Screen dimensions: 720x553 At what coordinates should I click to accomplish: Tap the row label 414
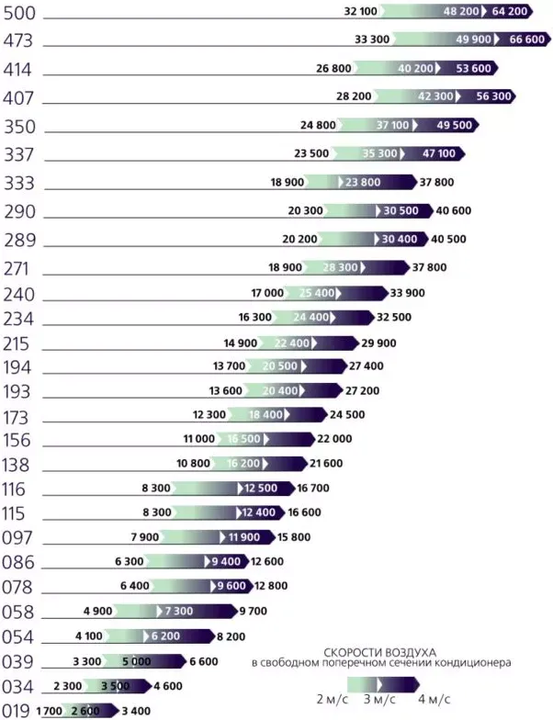(x=19, y=69)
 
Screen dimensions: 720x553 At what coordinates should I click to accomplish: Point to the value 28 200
(x=355, y=96)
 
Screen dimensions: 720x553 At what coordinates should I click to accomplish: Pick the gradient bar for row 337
(x=400, y=153)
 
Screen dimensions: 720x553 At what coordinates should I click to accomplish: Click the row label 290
(x=19, y=211)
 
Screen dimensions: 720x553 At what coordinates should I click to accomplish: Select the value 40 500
(x=449, y=239)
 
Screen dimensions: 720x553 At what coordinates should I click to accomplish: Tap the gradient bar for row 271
(x=355, y=267)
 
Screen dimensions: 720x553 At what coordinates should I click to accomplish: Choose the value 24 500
(x=347, y=414)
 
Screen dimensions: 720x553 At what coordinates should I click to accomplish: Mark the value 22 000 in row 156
(x=333, y=439)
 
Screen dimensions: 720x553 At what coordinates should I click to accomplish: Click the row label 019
(x=16, y=709)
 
